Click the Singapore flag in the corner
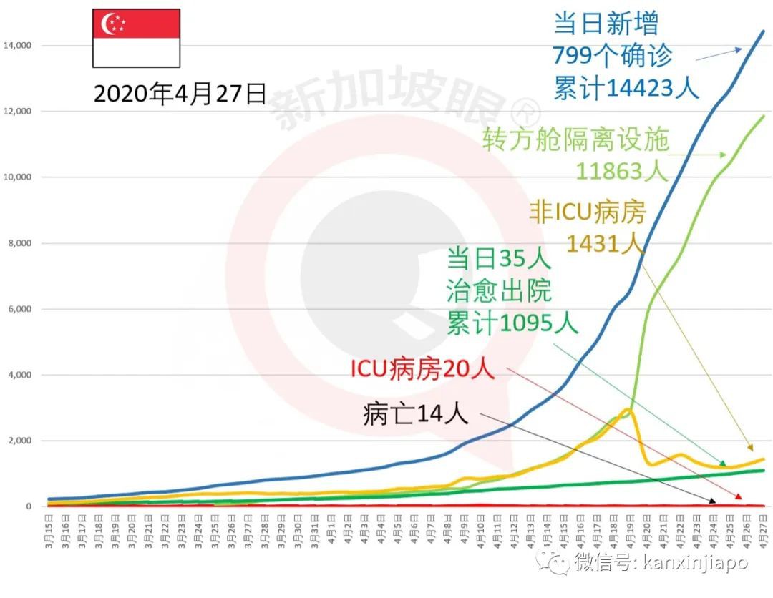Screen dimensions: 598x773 (x=135, y=38)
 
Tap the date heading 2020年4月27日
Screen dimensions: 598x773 (x=180, y=94)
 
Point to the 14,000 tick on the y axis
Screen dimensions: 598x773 (x=17, y=46)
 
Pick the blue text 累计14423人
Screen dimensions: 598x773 (x=626, y=87)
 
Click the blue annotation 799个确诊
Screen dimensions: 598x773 (x=613, y=56)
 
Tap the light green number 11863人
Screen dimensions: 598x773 (x=622, y=171)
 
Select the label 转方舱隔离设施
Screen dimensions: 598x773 (x=575, y=139)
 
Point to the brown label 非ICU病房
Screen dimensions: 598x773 (x=588, y=212)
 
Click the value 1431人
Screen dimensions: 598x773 (x=606, y=244)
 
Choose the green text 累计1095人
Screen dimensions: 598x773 (x=512, y=323)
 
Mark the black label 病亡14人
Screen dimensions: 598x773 (x=416, y=413)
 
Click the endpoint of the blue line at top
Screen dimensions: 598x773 (x=763, y=31)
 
